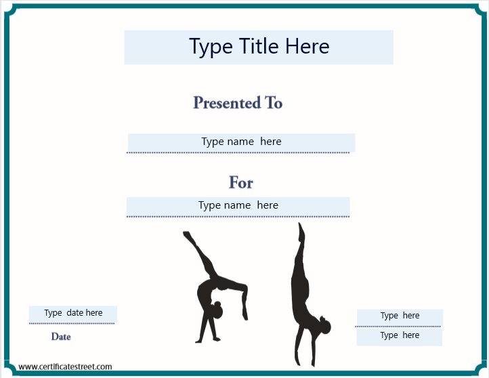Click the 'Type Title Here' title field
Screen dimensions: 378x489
pyautogui.click(x=259, y=47)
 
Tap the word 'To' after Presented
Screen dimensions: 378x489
pyautogui.click(x=274, y=103)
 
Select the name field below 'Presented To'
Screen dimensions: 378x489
pyautogui.click(x=241, y=142)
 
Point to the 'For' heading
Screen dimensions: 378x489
pyautogui.click(x=240, y=182)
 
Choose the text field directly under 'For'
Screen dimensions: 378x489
pyautogui.click(x=238, y=206)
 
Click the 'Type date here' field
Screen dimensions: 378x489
pyautogui.click(x=73, y=314)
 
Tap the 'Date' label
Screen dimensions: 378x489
pyautogui.click(x=61, y=337)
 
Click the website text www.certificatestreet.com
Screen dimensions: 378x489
pyautogui.click(x=65, y=366)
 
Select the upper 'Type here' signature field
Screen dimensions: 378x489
pyautogui.click(x=400, y=316)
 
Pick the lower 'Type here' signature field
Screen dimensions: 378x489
pyautogui.click(x=400, y=336)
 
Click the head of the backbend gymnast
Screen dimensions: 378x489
pyautogui.click(x=216, y=311)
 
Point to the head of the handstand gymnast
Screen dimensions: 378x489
pyautogui.click(x=326, y=327)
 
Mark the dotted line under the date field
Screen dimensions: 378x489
pyautogui.click(x=72, y=324)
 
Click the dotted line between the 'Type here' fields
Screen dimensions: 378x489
pyautogui.click(x=398, y=327)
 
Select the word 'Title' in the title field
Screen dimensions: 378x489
pyautogui.click(x=259, y=47)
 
